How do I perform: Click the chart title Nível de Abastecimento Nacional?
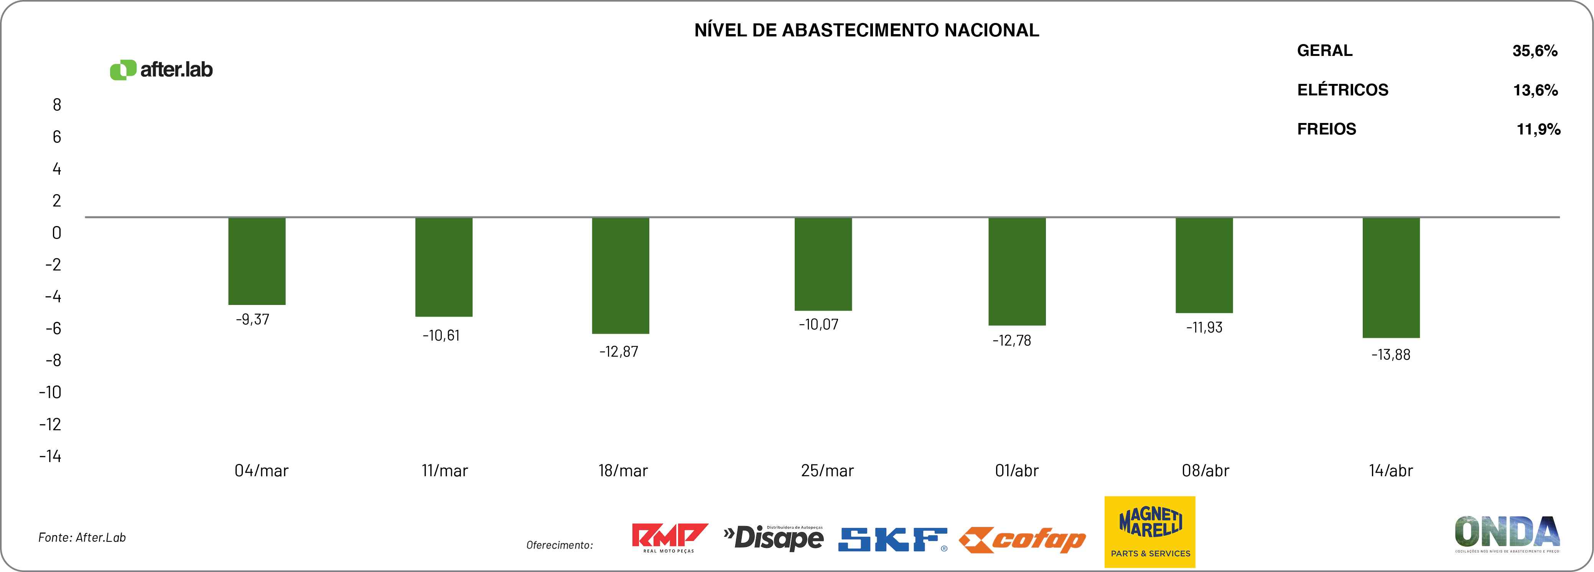(866, 30)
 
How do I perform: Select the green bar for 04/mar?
(257, 261)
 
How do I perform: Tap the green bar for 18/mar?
(621, 275)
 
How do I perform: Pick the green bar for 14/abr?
(1391, 278)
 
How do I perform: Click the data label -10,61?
(441, 336)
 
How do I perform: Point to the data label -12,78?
(1012, 341)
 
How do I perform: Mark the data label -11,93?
(1204, 328)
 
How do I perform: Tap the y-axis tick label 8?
(57, 105)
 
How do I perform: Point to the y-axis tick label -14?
(50, 456)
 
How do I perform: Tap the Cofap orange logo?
(1022, 541)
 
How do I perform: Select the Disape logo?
(774, 538)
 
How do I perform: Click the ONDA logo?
(1507, 533)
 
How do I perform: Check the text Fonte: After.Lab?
(82, 538)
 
